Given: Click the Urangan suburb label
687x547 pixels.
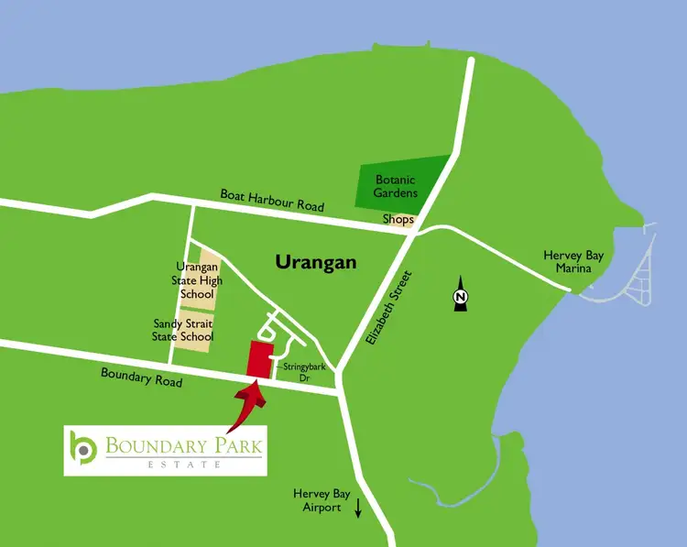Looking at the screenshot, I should (315, 263).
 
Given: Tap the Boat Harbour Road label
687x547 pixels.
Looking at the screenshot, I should (271, 200).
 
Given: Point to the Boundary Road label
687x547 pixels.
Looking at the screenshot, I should (142, 377).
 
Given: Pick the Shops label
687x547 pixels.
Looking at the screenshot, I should (398, 221).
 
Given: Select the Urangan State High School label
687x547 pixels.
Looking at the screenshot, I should (196, 280).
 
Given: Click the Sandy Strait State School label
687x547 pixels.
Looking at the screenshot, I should (183, 330).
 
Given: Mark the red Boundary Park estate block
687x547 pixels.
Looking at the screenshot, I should (260, 359).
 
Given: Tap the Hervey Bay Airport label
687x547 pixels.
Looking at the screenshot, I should (318, 500).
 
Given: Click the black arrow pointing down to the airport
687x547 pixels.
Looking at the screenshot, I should (358, 508).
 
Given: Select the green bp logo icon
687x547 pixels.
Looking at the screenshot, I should (83, 449).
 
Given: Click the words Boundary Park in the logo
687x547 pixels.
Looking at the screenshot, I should (183, 447).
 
